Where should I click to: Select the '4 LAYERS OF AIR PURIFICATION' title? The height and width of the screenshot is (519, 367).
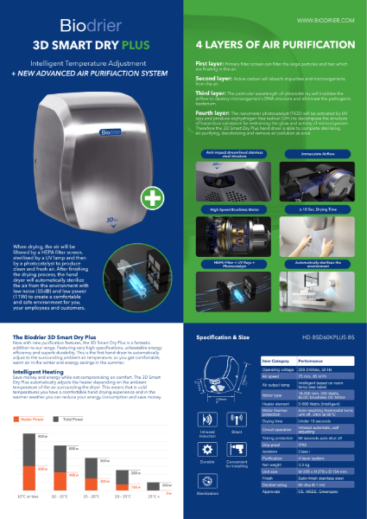[259, 41]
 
